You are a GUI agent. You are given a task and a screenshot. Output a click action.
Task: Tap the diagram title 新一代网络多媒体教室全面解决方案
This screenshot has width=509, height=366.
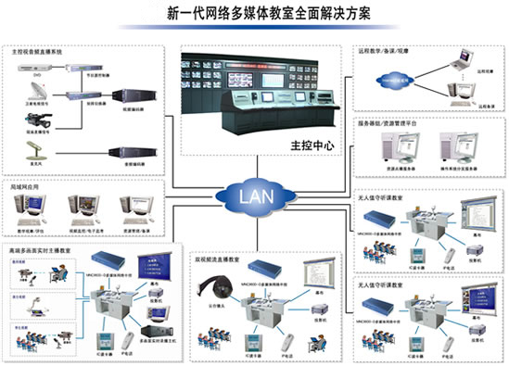254,15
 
